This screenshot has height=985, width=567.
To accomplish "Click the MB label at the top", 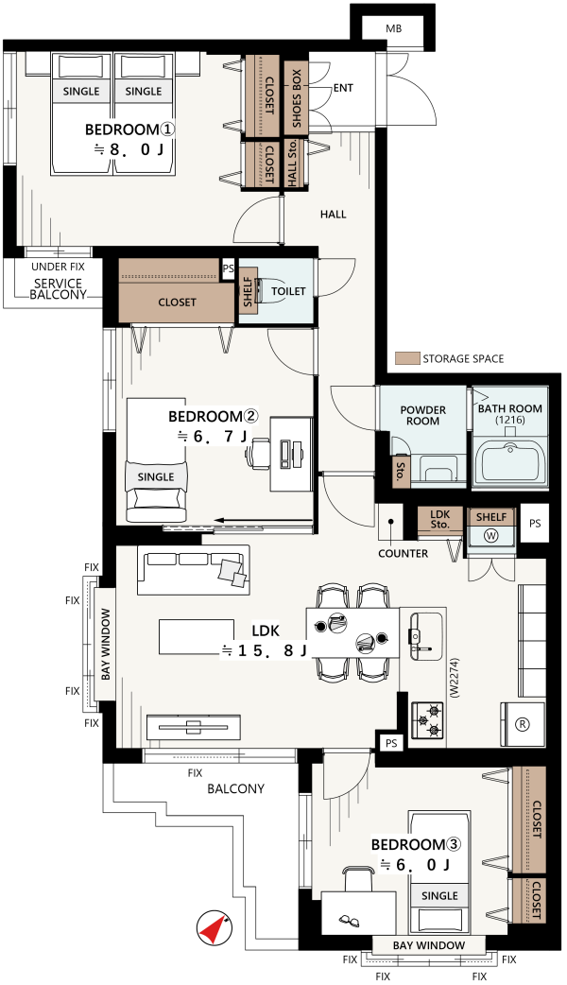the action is coord(394,29).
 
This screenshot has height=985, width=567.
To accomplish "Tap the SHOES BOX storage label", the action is coord(297,97).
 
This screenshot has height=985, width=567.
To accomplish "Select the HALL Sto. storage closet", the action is coord(293,164).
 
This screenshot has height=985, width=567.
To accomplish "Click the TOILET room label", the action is coord(288,291).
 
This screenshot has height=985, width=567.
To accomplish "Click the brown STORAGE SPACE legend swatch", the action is coord(407,358).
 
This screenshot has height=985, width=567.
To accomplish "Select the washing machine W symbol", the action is coord(490,537).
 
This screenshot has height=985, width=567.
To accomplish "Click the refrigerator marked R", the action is coord(522,724).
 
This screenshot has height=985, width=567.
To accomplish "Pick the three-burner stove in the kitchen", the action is coord(428,721).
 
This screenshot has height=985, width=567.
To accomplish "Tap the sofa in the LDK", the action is coord(194,570).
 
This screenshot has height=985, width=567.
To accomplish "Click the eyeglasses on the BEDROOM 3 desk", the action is coord(349,922).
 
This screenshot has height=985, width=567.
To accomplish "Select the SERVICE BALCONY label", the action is coord(59,288).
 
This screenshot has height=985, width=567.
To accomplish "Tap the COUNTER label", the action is coord(404,553).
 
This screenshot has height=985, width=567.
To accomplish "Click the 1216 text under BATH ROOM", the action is coord(510,420).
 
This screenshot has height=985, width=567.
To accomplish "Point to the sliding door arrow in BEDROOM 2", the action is coord(263,520).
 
